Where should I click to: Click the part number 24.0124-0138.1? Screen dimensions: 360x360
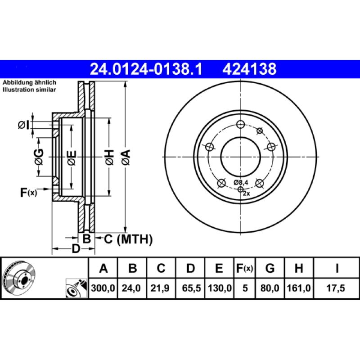click(147, 69)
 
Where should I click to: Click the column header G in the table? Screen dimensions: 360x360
click(270, 269)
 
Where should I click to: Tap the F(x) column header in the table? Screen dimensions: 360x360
click(245, 269)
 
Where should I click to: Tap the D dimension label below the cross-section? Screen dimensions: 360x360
click(76, 249)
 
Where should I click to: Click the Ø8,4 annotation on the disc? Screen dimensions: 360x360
click(241, 182)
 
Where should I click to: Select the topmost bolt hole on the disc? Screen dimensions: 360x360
click(240, 125)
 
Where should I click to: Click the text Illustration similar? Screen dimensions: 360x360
click(29, 90)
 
